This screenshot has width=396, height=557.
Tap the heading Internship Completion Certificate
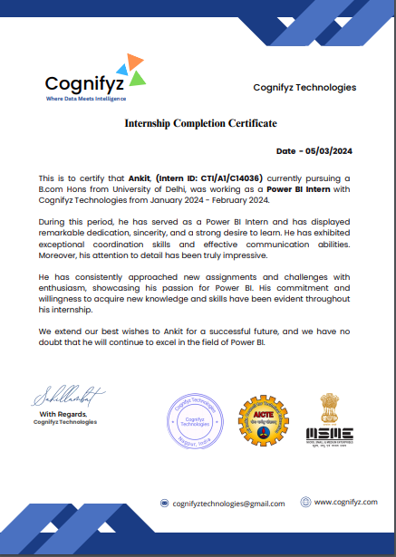pos(200,123)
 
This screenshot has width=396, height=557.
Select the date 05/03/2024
pos(332,151)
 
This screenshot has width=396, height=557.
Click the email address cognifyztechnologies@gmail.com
pos(229,503)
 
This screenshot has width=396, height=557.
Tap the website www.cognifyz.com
pos(344,502)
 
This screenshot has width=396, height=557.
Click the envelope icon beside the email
pos(165,503)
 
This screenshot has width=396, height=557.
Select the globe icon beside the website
pos(305,502)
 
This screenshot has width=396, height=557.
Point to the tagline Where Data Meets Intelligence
pos(86,98)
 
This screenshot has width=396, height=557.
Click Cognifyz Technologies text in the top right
pos(304,88)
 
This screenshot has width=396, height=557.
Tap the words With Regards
pos(61,414)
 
